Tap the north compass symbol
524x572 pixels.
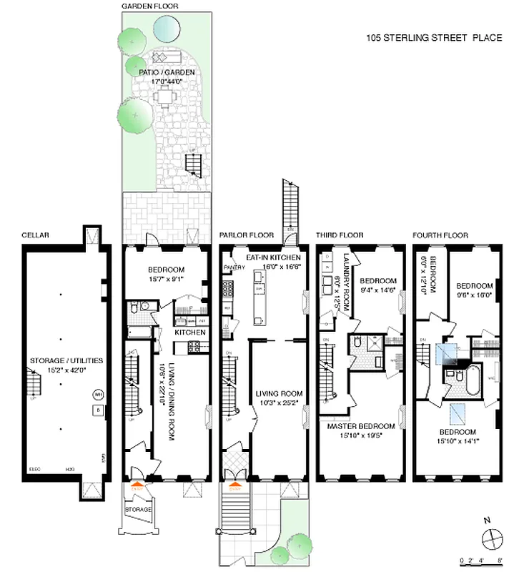tap(490, 537)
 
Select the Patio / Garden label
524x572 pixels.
tap(164, 77)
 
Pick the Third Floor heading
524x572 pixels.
tap(340, 235)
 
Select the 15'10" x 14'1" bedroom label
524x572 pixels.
tap(458, 437)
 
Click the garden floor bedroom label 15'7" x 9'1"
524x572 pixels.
tap(165, 275)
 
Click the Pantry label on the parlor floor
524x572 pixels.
tap(234, 267)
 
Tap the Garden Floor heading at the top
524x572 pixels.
tap(150, 6)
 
